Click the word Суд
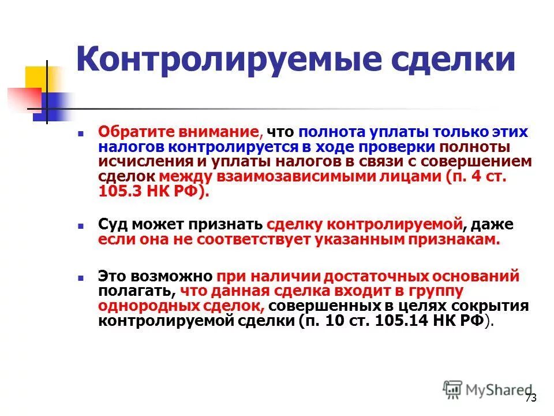click(x=113, y=225)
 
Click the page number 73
click(x=531, y=398)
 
